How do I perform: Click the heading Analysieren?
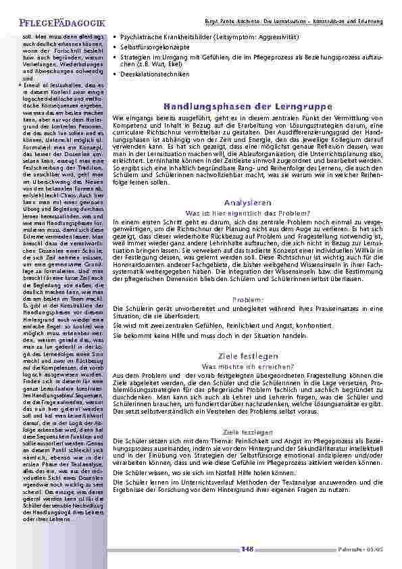point(247,203)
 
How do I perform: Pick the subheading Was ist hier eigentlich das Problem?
point(247,213)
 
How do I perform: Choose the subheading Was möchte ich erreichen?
point(247,366)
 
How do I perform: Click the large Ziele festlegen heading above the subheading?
point(247,356)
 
